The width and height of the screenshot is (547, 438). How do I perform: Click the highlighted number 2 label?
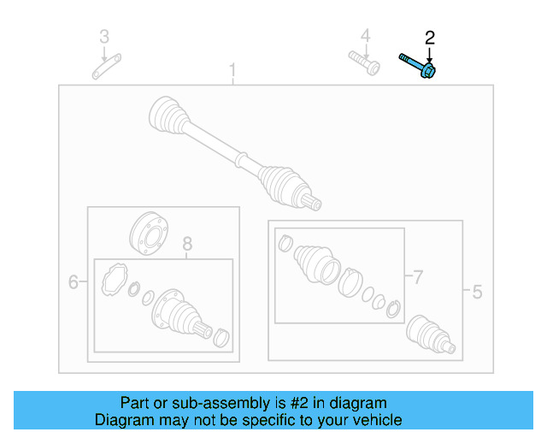pos(430,37)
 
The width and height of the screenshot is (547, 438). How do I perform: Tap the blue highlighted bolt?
pos(418,65)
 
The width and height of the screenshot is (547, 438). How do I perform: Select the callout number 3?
pos(104,36)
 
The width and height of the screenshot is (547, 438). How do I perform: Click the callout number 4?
pos(365,36)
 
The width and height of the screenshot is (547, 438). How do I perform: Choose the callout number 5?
pos(477,293)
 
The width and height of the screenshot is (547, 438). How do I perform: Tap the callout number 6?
pos(74,281)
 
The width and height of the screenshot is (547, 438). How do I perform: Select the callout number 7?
pos(418,277)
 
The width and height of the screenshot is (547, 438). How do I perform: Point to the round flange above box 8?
pos(147,232)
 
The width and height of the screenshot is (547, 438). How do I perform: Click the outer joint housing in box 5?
pos(427,333)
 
